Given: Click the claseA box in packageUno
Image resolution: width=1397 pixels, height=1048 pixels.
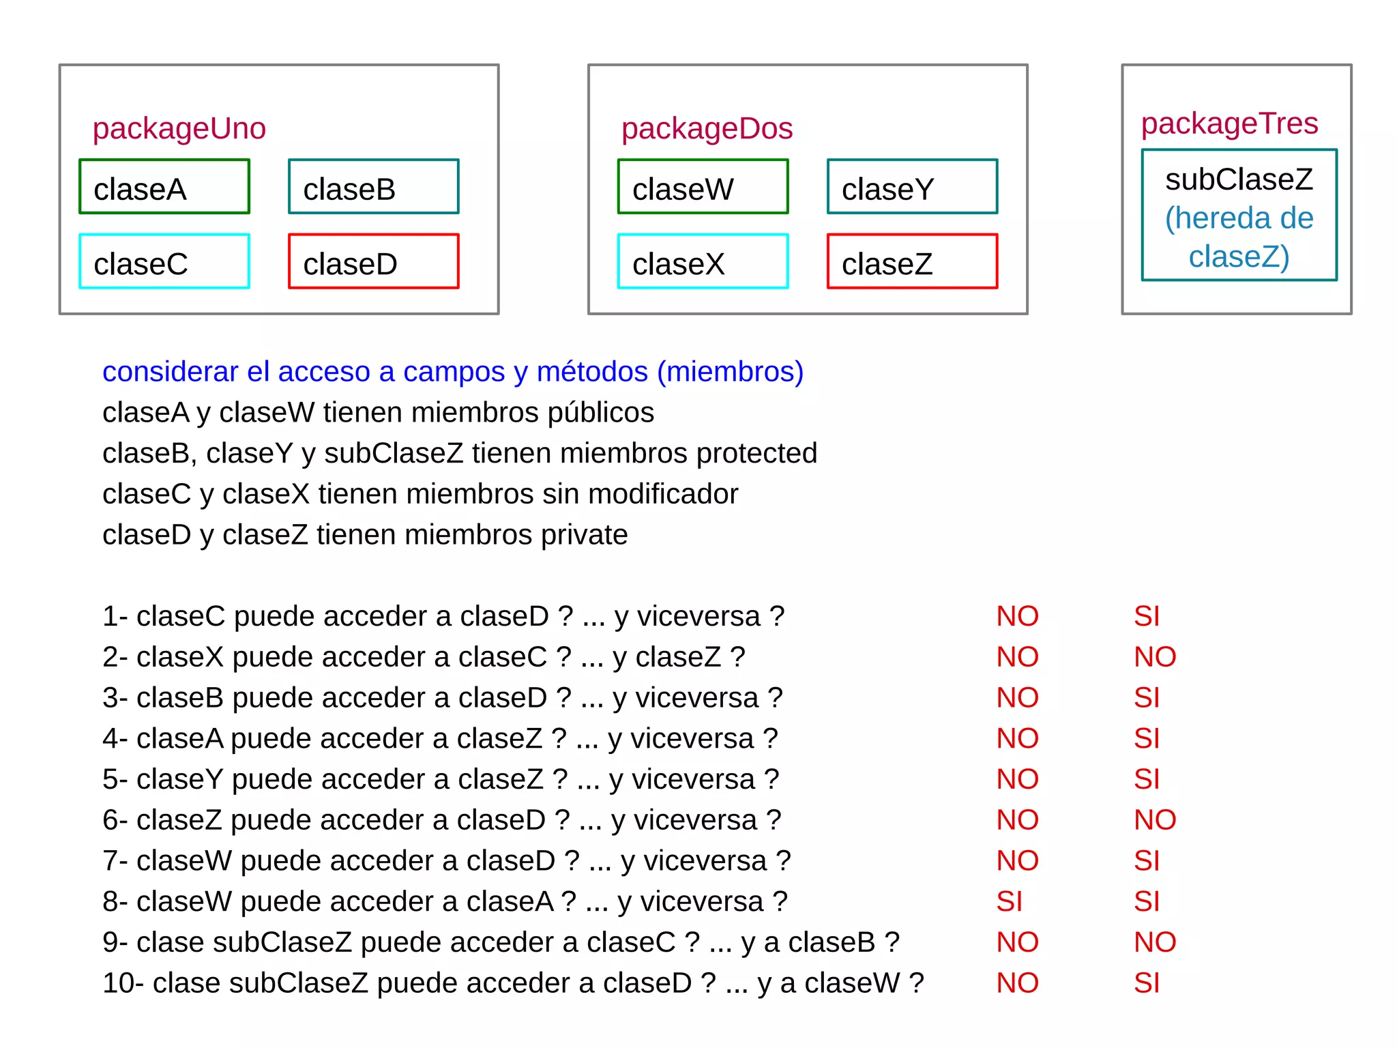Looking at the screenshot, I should pyautogui.click(x=164, y=187).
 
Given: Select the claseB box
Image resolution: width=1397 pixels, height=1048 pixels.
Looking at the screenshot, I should pyautogui.click(x=374, y=187).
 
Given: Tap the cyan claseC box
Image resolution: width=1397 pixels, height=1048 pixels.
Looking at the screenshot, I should pyautogui.click(x=164, y=262).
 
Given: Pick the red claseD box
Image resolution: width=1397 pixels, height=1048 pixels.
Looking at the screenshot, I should pyautogui.click(x=374, y=262).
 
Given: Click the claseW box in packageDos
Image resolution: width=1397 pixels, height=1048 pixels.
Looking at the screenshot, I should pyautogui.click(x=703, y=187).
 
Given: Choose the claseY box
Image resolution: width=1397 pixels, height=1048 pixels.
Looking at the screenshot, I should pyautogui.click(x=912, y=187).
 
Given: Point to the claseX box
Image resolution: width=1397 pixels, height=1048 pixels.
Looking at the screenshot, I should pyautogui.click(x=703, y=262).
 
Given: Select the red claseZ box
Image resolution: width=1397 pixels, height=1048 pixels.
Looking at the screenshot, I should pyautogui.click(x=912, y=262).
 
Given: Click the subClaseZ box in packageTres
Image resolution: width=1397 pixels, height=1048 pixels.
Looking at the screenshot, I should pyautogui.click(x=1239, y=216).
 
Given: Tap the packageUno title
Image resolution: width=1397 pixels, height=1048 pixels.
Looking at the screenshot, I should pyautogui.click(x=179, y=129).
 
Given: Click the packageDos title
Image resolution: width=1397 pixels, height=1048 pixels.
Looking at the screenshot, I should pyautogui.click(x=707, y=129).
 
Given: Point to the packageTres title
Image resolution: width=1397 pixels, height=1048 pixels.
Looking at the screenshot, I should pyautogui.click(x=1229, y=123).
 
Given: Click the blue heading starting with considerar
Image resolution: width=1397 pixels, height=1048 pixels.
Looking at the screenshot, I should pyautogui.click(x=453, y=372).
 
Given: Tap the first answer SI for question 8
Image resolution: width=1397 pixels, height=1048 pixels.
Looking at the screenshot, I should pyautogui.click(x=1009, y=902).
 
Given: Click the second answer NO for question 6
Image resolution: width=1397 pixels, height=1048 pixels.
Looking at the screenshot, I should pyautogui.click(x=1154, y=820).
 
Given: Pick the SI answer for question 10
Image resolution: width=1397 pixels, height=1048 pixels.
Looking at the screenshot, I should pyautogui.click(x=1146, y=983).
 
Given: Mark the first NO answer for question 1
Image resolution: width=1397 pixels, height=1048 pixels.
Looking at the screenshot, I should pyautogui.click(x=1017, y=617).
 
